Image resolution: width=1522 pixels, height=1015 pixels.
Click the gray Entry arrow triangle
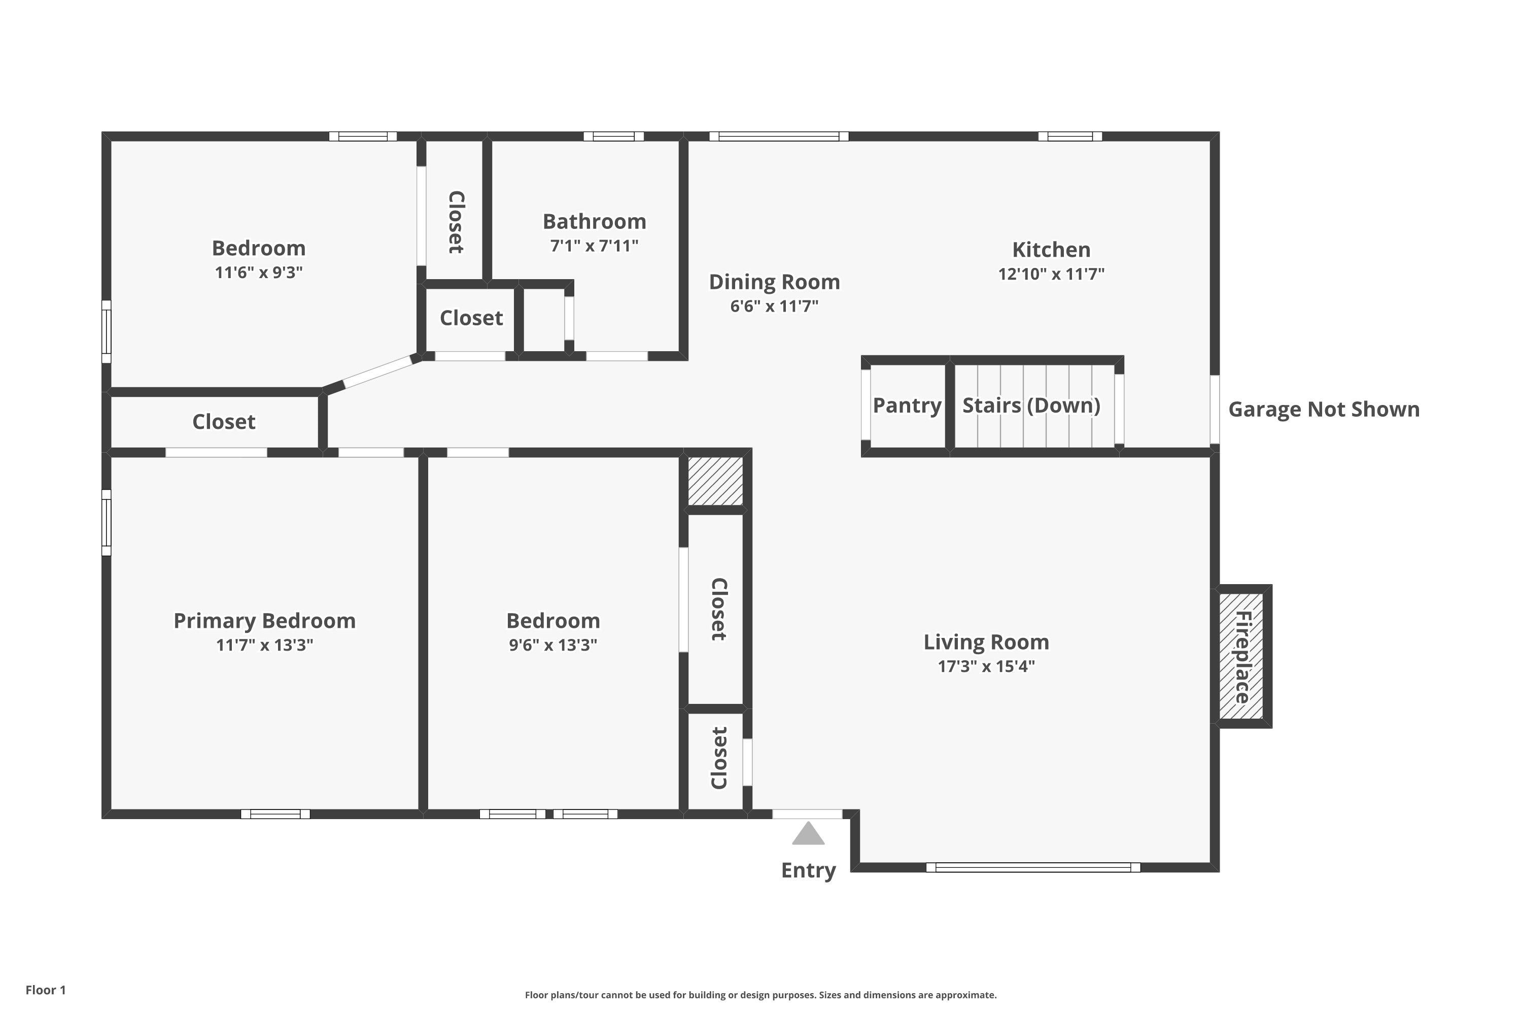(808, 834)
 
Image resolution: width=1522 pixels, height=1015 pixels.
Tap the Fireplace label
(1242, 657)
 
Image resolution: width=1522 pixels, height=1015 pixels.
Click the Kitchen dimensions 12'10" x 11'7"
(1051, 275)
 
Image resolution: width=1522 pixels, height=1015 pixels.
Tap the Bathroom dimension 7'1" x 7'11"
(594, 247)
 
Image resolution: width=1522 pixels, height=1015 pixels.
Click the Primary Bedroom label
(265, 621)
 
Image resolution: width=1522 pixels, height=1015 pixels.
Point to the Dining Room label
(774, 282)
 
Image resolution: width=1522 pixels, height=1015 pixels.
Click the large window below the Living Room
(1033, 867)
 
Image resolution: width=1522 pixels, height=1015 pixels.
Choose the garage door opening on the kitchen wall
(1215, 410)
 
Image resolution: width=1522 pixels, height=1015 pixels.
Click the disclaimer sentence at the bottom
(760, 995)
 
